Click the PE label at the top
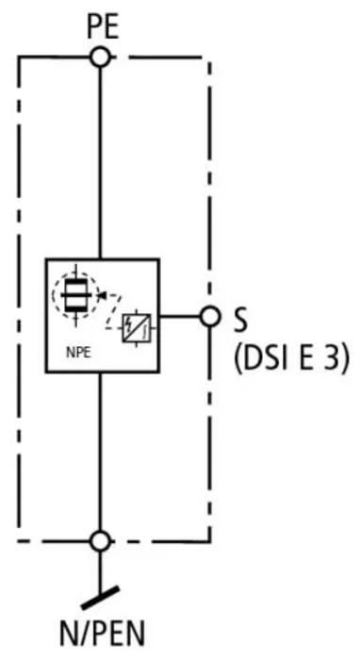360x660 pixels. click(103, 27)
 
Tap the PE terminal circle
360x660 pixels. click(100, 57)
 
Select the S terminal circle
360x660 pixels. click(209, 316)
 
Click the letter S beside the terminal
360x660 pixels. click(240, 321)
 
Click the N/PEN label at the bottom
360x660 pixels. click(102, 633)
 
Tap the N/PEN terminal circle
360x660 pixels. click(100, 541)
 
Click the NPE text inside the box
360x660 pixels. click(78, 352)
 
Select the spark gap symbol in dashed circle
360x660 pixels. click(75, 295)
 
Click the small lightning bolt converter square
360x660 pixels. click(137, 328)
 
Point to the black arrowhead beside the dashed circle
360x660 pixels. click(102, 295)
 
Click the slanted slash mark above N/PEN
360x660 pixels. click(100, 598)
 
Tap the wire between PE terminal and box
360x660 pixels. click(100, 162)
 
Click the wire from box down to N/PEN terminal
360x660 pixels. click(100, 452)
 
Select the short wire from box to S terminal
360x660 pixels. click(180, 316)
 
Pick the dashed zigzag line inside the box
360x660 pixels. click(113, 312)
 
